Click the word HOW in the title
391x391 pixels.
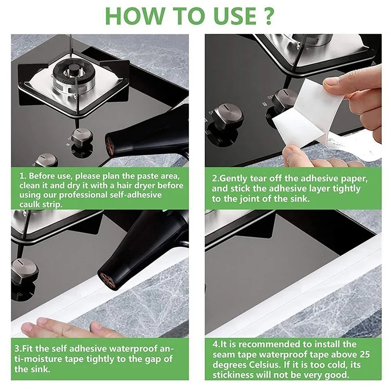click(135, 16)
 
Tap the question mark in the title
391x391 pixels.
click(268, 16)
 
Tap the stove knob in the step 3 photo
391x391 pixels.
click(24, 271)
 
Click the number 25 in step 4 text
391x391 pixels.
click(364, 355)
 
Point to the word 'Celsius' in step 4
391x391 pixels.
click(265, 365)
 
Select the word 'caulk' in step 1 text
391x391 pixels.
click(30, 205)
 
